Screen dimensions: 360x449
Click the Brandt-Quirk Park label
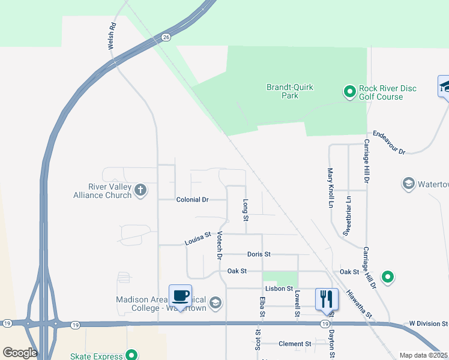tap(290, 91)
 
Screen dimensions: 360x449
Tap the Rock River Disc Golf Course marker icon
tap(349, 92)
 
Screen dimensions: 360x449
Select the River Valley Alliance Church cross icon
tap(140, 191)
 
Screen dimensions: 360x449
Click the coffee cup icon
tap(181, 296)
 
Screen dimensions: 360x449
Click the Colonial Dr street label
tap(192, 199)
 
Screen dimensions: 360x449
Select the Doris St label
tap(259, 254)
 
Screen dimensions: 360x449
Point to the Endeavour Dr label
tap(390, 143)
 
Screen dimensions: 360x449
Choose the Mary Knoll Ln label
tap(330, 187)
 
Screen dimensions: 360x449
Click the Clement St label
tap(295, 344)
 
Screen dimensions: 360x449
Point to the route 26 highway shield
tap(166, 37)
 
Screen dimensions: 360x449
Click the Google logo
tap(19, 352)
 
